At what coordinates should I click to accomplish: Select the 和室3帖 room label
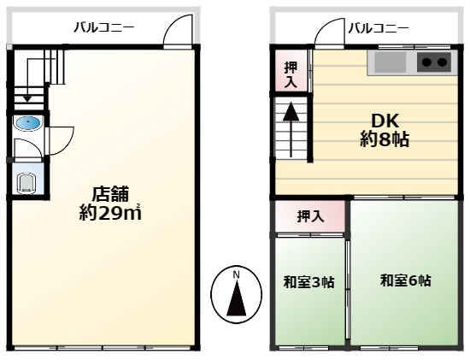coord(308,281)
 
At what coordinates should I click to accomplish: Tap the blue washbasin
coord(28,123)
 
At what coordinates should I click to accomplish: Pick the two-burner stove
coord(434,62)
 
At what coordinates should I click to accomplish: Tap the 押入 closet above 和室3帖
coord(310,216)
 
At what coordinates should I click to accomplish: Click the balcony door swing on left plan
coord(179,31)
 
